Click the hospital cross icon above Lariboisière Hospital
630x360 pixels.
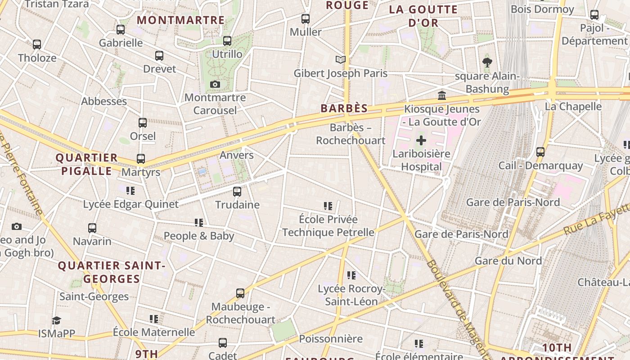[421, 140]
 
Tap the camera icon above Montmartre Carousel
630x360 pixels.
[215, 84]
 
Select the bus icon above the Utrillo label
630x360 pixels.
[227, 41]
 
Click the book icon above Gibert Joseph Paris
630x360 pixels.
[341, 59]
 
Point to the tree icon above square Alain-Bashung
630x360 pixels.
[487, 62]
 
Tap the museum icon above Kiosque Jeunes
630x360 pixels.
[442, 95]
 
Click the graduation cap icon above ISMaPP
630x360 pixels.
[56, 320]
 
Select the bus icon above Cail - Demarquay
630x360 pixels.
[540, 152]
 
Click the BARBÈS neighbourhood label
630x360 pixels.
[344, 108]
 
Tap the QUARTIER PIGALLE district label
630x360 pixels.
[86, 164]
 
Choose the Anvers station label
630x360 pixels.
[237, 155]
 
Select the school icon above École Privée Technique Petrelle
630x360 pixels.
[328, 206]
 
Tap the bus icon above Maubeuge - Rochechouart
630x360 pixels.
[240, 293]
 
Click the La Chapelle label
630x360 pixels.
[573, 107]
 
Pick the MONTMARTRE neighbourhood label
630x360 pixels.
[180, 20]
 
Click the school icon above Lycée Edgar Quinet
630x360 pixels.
[130, 191]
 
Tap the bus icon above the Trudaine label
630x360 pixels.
[237, 192]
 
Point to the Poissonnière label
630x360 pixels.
[331, 339]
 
